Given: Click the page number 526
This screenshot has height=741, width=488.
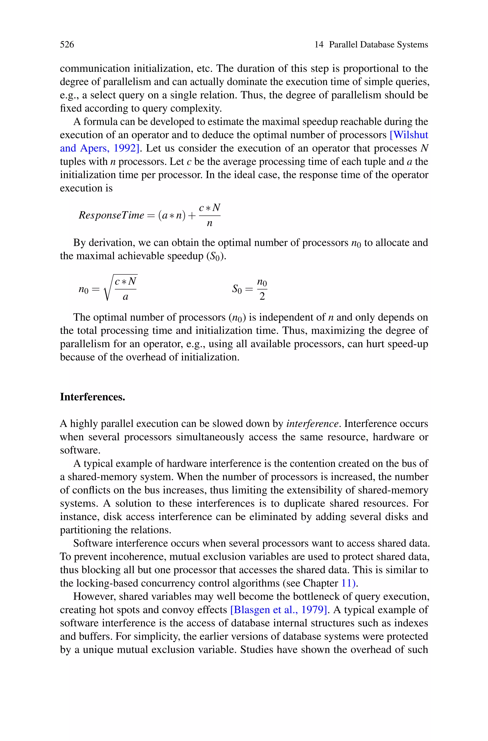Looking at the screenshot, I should pyautogui.click(x=67, y=45).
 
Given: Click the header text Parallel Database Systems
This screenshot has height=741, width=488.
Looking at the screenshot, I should pyautogui.click(x=378, y=45).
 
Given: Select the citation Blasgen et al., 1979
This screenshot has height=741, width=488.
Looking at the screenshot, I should pyautogui.click(x=279, y=610).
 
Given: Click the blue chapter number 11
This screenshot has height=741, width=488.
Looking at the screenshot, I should pyautogui.click(x=347, y=583).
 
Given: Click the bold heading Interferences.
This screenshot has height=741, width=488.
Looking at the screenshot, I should pyautogui.click(x=92, y=397).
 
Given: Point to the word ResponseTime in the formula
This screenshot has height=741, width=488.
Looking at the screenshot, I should pyautogui.click(x=112, y=215).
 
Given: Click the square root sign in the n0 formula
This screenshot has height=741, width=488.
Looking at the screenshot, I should pyautogui.click(x=108, y=289).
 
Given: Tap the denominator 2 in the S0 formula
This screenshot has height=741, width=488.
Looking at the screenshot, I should pyautogui.click(x=262, y=296).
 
